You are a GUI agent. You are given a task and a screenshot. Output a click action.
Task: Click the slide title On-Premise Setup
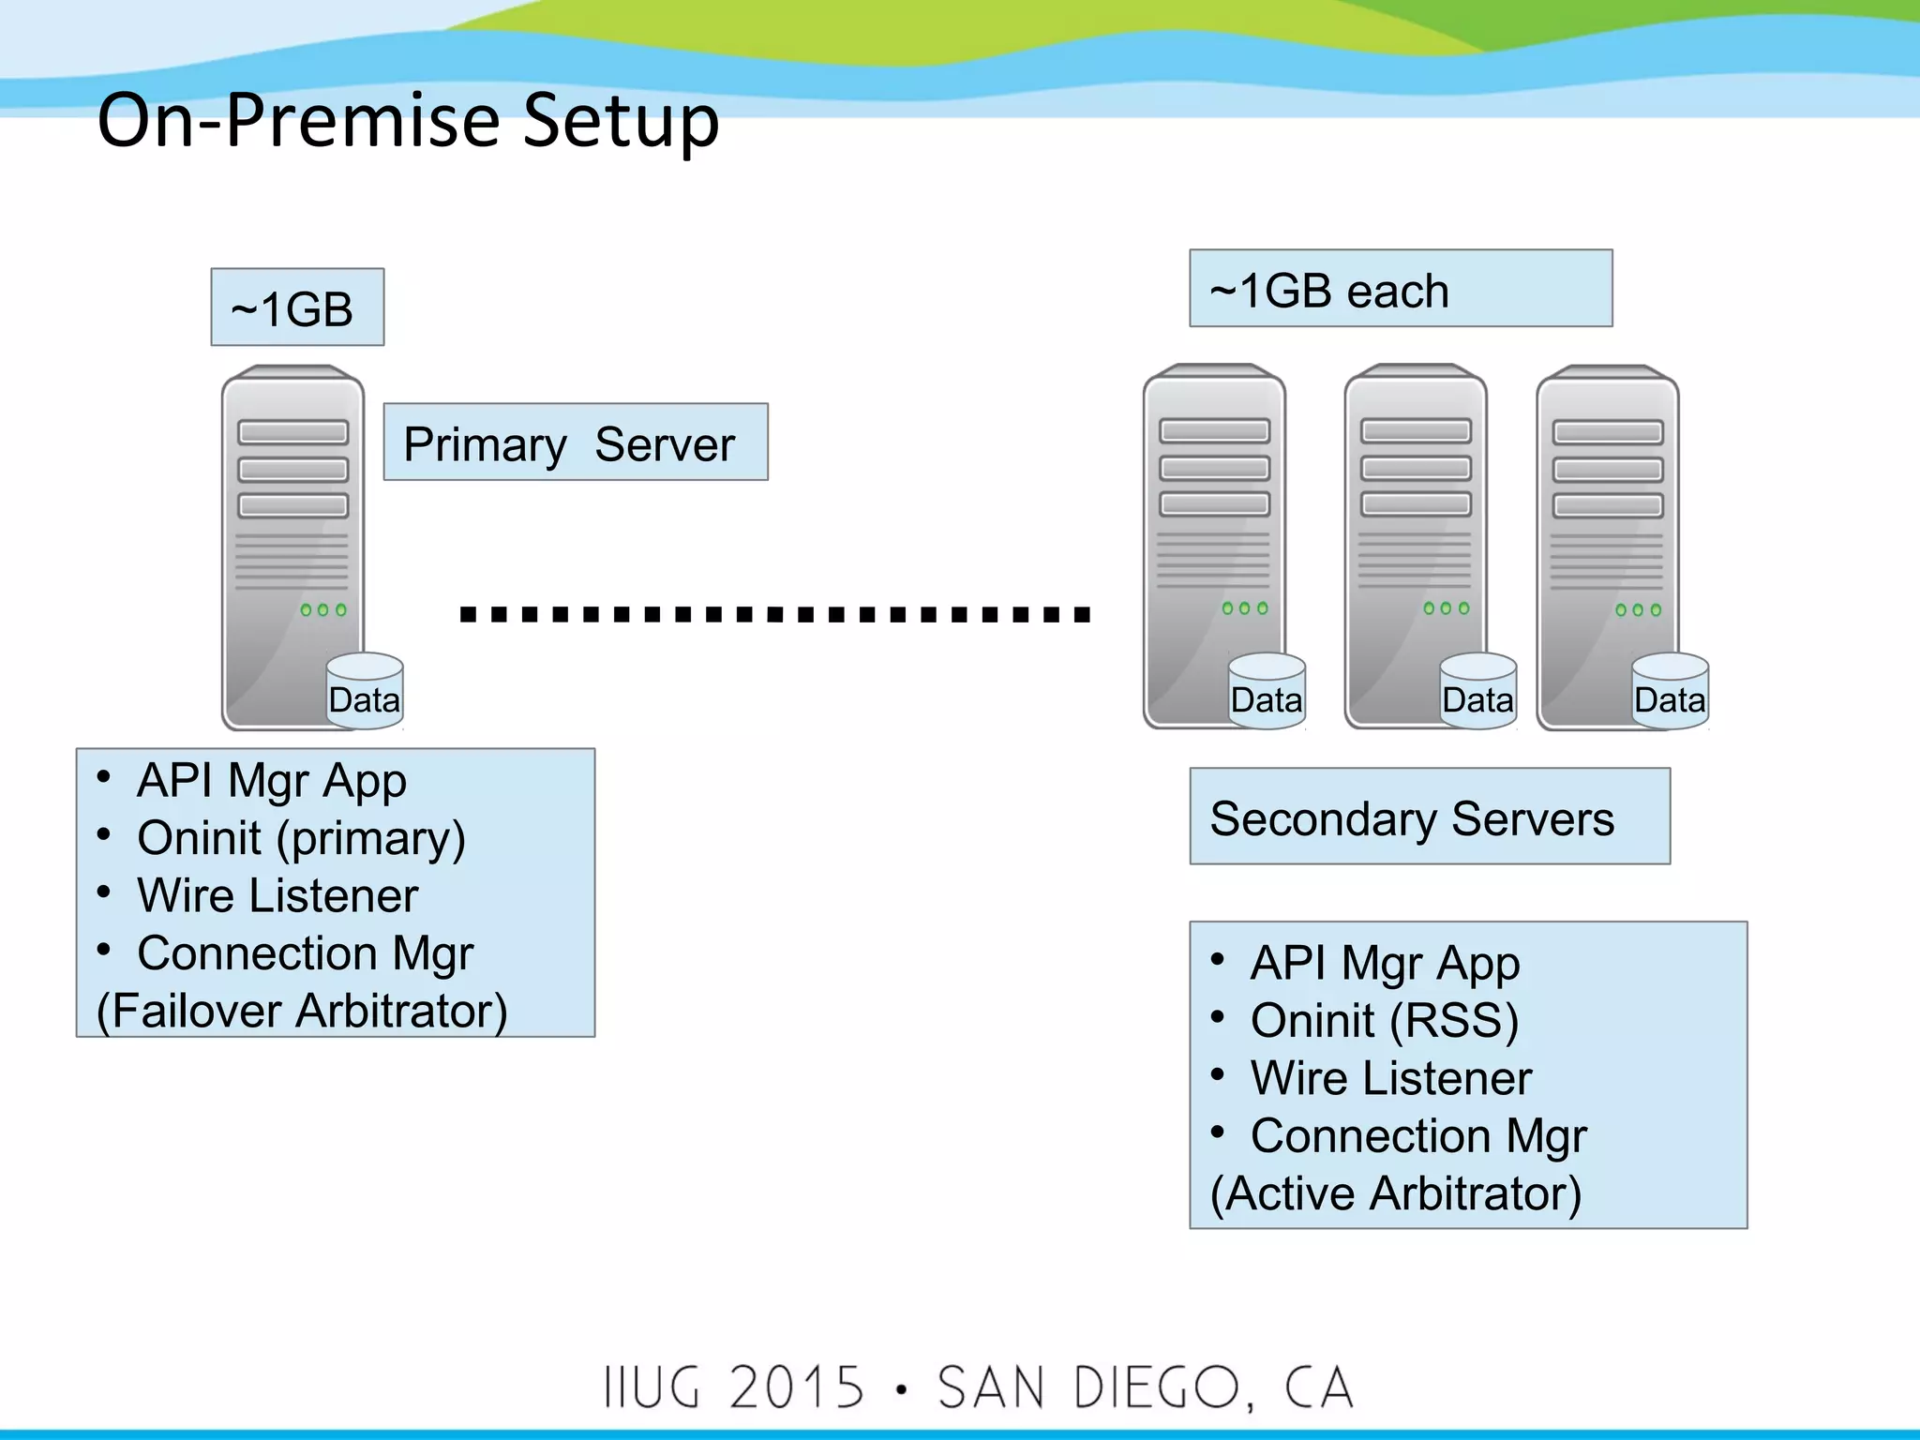click(x=408, y=121)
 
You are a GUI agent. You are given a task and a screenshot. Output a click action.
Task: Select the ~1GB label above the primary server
click(x=296, y=308)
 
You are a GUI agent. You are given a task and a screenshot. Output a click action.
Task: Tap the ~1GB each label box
click(x=1400, y=290)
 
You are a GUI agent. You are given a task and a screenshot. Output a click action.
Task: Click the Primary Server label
click(x=575, y=443)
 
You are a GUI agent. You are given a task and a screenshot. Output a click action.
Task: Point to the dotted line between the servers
click(x=774, y=615)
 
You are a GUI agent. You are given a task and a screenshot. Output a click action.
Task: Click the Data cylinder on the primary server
click(x=365, y=692)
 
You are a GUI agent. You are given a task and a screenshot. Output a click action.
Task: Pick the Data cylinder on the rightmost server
click(x=1669, y=692)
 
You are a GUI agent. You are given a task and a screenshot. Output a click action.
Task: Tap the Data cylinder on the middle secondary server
click(x=1477, y=692)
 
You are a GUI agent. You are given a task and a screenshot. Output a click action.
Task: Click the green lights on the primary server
click(x=323, y=610)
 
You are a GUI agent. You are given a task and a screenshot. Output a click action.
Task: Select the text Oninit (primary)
click(x=300, y=838)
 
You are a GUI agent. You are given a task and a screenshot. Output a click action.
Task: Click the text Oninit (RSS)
click(x=1384, y=1021)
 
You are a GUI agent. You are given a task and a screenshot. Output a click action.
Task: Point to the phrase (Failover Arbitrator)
click(x=302, y=1011)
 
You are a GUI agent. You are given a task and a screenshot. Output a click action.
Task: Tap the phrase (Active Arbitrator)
click(x=1395, y=1193)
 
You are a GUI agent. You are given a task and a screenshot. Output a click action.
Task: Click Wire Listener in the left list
click(x=277, y=895)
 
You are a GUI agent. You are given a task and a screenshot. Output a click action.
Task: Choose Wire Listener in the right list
click(x=1390, y=1078)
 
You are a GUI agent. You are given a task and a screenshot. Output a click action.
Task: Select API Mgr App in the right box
click(x=1384, y=964)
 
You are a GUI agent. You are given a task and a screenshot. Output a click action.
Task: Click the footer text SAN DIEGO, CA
click(x=1146, y=1388)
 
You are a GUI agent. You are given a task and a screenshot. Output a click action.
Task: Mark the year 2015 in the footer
click(x=796, y=1388)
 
